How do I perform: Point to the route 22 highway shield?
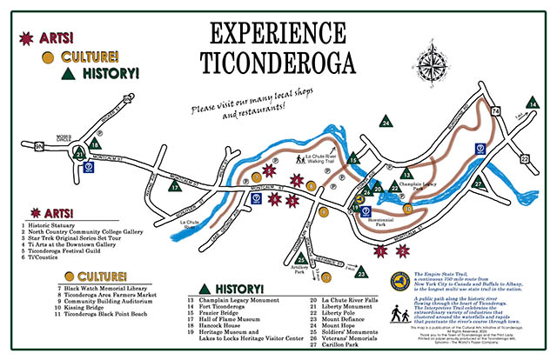(x=524, y=158)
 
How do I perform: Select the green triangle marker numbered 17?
(x=175, y=186)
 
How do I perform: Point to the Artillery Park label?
(x=301, y=271)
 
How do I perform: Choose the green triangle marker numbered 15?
(x=353, y=158)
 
